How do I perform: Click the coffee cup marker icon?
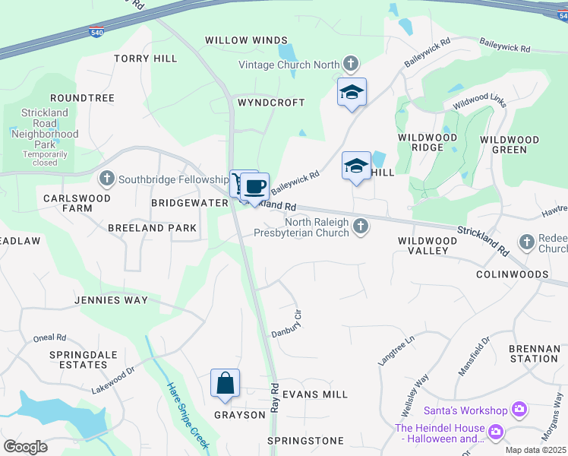click(256, 185)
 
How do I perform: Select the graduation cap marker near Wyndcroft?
click(352, 92)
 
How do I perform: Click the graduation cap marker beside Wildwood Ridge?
click(356, 166)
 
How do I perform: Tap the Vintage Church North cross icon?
click(351, 64)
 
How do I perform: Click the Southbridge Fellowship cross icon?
click(106, 179)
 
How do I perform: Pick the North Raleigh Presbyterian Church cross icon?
click(362, 226)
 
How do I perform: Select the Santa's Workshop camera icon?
click(519, 410)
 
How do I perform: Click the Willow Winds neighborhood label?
click(247, 40)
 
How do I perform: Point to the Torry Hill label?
click(146, 59)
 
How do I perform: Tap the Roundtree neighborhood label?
click(82, 98)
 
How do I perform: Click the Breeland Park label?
click(152, 228)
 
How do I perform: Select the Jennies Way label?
click(111, 300)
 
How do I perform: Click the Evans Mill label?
click(315, 394)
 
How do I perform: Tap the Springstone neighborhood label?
click(306, 441)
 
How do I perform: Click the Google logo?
click(27, 447)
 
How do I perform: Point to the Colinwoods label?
click(513, 274)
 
